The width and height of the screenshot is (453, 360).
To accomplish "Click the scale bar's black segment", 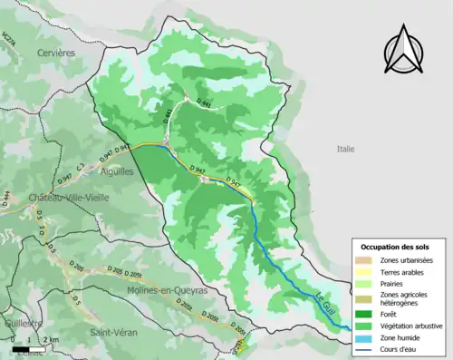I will [19, 348].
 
